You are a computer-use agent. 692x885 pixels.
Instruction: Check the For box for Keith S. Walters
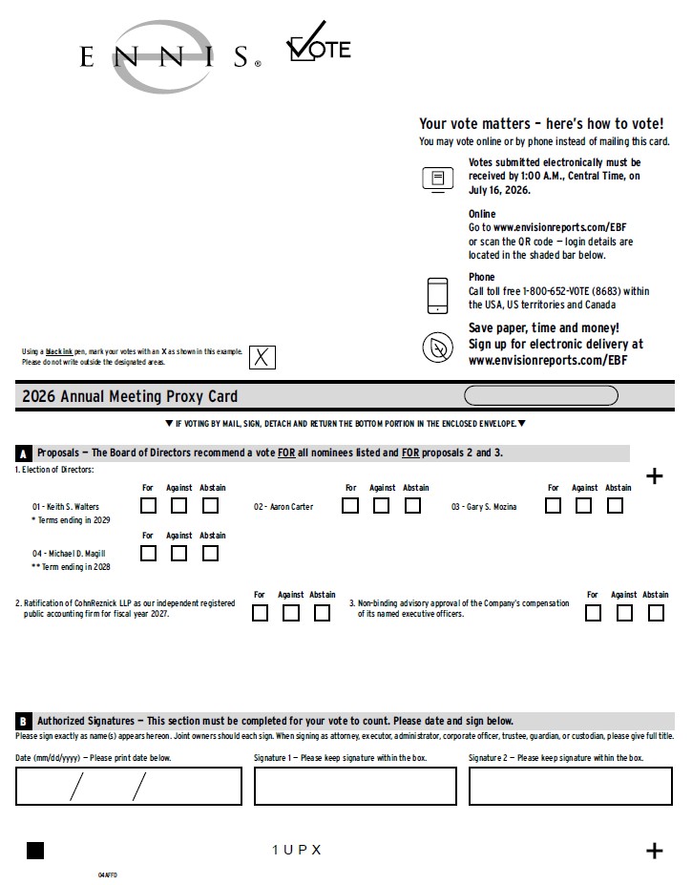coord(149,505)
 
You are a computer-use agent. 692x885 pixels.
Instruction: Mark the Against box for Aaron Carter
coord(381,505)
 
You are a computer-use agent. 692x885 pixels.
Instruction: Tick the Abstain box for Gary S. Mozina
coord(615,505)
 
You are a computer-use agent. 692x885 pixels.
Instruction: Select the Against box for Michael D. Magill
coord(178,553)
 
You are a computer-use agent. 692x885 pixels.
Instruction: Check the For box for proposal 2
coord(260,613)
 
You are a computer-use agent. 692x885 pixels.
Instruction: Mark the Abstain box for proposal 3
coord(656,613)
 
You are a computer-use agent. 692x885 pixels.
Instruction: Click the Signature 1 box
coord(355,786)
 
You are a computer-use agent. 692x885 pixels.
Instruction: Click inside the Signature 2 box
coord(571,786)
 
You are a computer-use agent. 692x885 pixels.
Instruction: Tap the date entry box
coord(129,786)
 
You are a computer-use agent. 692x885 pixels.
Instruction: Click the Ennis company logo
coord(169,56)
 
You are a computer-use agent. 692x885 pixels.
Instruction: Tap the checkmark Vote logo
coord(319,42)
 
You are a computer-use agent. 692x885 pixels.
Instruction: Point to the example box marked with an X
coord(262,357)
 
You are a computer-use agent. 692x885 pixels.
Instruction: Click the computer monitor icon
coord(438,180)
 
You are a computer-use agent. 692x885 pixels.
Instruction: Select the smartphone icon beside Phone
coord(438,295)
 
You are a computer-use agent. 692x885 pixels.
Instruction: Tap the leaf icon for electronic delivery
coord(438,348)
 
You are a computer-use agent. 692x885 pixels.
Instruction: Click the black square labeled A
coord(23,453)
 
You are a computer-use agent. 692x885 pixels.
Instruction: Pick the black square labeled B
coord(23,722)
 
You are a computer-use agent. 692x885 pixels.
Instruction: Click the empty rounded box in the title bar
coord(541,395)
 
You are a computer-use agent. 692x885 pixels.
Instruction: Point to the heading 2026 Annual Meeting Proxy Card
coord(130,396)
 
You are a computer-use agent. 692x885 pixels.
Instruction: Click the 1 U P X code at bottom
coord(297,850)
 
